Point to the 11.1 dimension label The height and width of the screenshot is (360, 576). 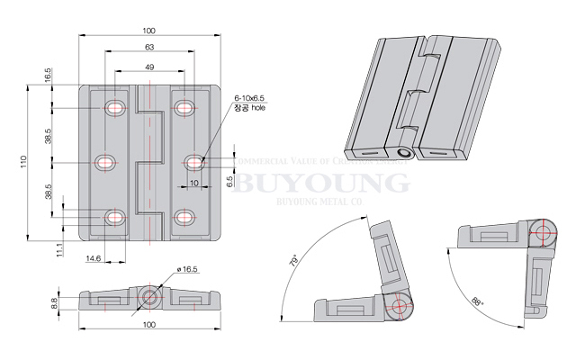(59, 249)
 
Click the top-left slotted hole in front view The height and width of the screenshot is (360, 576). (116, 108)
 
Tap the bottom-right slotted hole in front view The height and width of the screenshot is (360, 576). (184, 217)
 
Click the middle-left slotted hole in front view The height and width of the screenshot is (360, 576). (106, 162)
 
